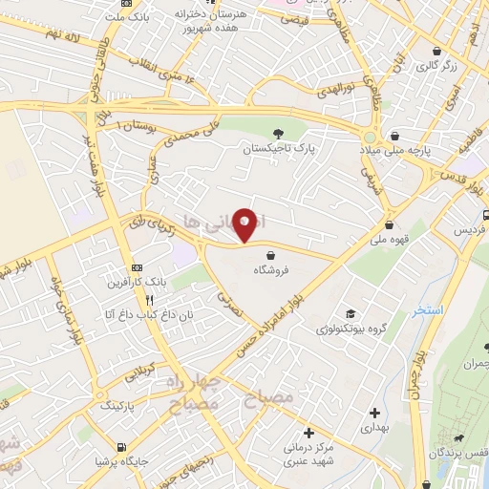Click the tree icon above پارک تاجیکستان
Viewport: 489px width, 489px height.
277,135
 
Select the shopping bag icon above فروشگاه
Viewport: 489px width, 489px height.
274,255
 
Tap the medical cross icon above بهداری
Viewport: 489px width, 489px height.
374,414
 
